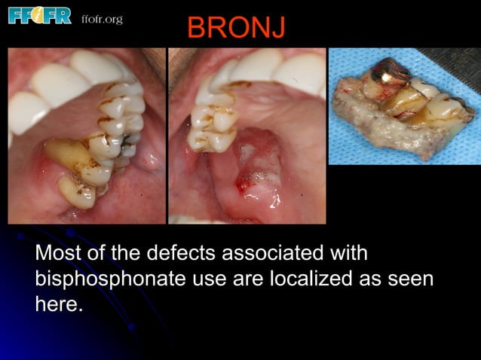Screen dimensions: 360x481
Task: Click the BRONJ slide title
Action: click(x=236, y=29)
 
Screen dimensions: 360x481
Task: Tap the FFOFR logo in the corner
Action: click(x=39, y=16)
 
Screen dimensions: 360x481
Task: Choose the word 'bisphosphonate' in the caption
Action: click(x=109, y=279)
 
